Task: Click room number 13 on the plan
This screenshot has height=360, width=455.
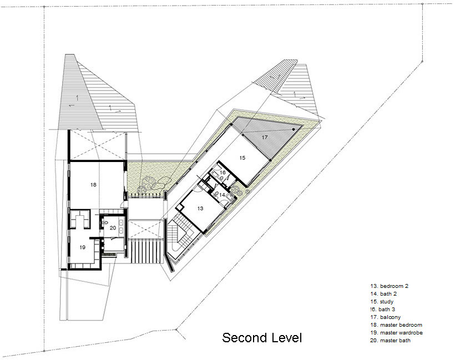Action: click(200, 208)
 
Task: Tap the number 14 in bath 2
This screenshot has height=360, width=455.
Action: click(222, 195)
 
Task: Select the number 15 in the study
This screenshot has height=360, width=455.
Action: click(242, 158)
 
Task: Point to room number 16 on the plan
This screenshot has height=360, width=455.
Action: click(223, 173)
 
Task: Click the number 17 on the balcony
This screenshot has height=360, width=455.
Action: click(265, 138)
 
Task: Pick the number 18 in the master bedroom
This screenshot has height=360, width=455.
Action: click(93, 185)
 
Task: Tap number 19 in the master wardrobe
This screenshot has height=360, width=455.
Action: click(83, 247)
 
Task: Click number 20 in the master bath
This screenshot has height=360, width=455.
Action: click(113, 228)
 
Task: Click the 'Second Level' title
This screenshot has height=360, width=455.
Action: click(262, 338)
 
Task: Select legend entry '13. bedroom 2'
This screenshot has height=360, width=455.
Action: click(389, 286)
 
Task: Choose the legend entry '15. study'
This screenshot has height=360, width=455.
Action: click(382, 302)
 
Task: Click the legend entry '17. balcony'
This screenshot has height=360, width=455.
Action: click(385, 317)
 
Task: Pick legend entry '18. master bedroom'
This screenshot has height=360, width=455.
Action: click(396, 325)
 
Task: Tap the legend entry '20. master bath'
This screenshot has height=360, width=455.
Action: click(390, 341)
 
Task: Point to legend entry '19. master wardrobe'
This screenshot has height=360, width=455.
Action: click(396, 333)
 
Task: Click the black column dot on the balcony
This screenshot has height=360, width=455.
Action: click(294, 129)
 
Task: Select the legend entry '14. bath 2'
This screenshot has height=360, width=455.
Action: click(383, 294)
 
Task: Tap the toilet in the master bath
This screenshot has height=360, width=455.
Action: click(105, 222)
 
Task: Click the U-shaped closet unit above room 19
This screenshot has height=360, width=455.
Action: click(79, 219)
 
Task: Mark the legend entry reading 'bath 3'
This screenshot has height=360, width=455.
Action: click(387, 310)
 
